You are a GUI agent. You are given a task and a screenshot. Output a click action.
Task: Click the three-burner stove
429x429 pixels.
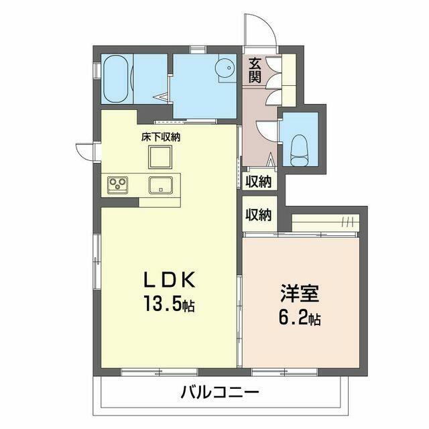point(118,184)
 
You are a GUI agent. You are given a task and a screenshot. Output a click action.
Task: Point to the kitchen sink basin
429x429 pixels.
point(161,185)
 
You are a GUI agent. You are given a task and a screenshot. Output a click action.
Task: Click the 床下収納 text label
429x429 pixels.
point(161,137)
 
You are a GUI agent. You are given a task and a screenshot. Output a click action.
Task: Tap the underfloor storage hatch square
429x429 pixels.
point(160,157)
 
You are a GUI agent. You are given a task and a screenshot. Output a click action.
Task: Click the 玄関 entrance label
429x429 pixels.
point(255,70)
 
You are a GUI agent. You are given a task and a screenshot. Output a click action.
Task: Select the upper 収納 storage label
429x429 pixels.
point(258,181)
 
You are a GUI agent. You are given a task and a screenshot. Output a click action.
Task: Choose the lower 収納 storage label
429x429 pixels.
point(258,214)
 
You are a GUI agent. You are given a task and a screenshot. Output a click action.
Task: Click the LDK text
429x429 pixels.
point(170,280)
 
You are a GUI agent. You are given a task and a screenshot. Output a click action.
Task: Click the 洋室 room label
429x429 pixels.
point(300,293)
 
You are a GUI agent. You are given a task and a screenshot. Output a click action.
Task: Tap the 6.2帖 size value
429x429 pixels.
point(300,318)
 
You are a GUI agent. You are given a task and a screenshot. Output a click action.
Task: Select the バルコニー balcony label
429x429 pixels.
point(220,393)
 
